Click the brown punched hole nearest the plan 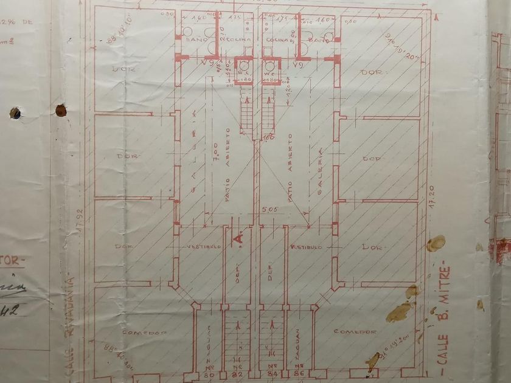61,110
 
